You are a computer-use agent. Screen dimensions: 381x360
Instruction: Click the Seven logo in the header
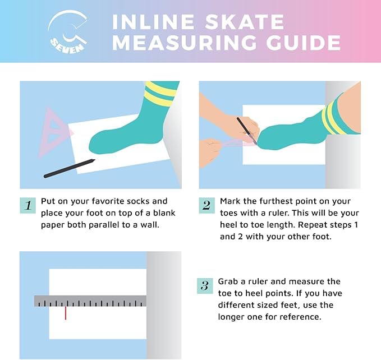[x=67, y=31]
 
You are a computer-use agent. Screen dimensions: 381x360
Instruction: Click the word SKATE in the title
[x=245, y=22]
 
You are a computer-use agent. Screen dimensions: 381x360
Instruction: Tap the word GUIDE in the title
[x=303, y=43]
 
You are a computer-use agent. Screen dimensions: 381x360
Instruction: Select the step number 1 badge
[x=28, y=205]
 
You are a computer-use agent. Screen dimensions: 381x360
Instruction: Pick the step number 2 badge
[x=207, y=205]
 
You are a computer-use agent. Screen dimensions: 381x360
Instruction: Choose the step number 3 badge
[x=205, y=286]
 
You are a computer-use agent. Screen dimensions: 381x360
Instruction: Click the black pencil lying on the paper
[x=69, y=168]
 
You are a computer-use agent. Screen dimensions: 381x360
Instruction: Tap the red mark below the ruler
[x=66, y=313]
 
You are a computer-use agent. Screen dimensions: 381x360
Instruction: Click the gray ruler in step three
[x=90, y=301]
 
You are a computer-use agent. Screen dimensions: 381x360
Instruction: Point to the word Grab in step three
[x=228, y=281]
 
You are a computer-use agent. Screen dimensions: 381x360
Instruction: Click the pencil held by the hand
[x=247, y=131]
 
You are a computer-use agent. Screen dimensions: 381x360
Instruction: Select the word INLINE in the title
[x=153, y=22]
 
